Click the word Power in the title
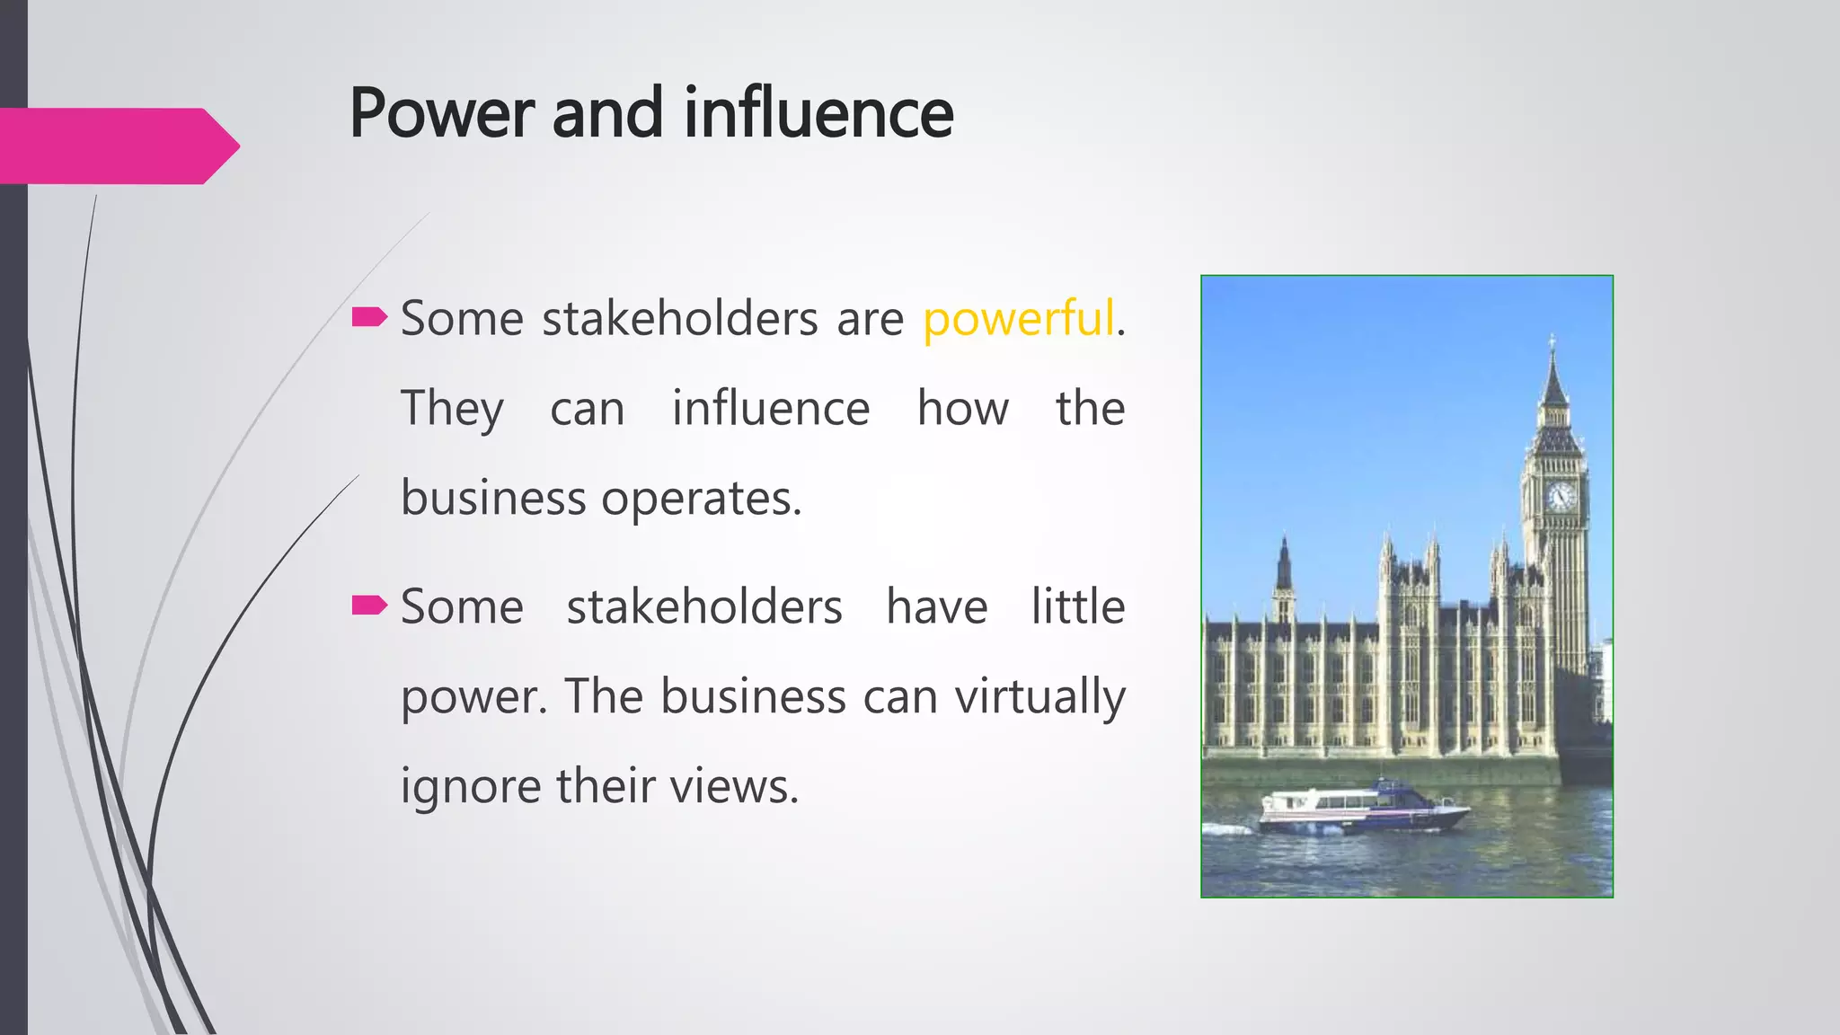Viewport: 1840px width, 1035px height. click(x=442, y=114)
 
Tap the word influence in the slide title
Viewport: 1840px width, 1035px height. click(x=818, y=114)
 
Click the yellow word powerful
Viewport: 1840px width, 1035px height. click(x=1018, y=319)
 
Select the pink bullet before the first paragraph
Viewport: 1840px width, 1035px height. click(x=369, y=316)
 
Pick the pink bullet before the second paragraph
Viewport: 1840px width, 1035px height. click(x=369, y=605)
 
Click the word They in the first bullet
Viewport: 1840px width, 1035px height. click(x=452, y=410)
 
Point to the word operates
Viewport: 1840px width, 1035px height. click(x=700, y=500)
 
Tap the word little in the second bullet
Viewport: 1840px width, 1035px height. click(x=1077, y=606)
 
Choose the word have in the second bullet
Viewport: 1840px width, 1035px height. click(x=936, y=606)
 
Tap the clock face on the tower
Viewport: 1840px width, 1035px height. click(x=1561, y=496)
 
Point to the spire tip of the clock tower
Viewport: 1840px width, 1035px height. click(x=1552, y=341)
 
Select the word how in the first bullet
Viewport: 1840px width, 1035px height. click(x=962, y=409)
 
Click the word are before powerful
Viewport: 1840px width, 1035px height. click(x=870, y=319)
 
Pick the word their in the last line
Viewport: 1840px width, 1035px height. click(x=606, y=786)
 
